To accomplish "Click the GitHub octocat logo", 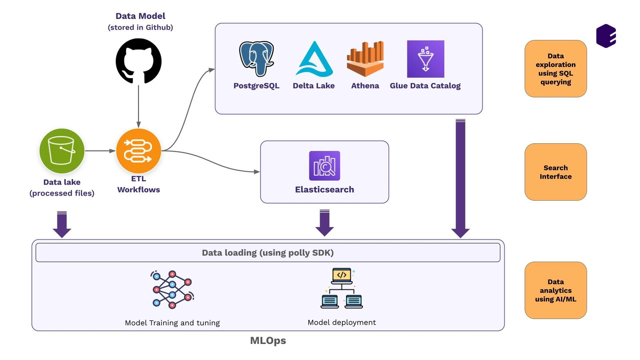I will [139, 61].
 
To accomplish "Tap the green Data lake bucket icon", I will [62, 151].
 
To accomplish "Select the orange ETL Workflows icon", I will [139, 151].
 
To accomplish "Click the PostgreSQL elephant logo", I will [256, 58].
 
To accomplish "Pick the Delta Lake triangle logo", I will [314, 59].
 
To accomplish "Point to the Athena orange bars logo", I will [365, 59].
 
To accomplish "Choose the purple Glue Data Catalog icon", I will [425, 59].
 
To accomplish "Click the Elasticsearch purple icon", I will [324, 166].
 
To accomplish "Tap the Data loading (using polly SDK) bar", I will [268, 253].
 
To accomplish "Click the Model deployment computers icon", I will [341, 288].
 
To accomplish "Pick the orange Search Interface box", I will [555, 172].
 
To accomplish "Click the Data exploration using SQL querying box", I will [555, 69].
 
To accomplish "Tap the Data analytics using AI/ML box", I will [555, 290].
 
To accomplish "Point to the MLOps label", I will [268, 340].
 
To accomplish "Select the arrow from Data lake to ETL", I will [100, 151].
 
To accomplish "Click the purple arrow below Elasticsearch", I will [324, 223].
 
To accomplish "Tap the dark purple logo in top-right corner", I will [606, 36].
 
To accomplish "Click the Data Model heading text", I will [140, 16].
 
